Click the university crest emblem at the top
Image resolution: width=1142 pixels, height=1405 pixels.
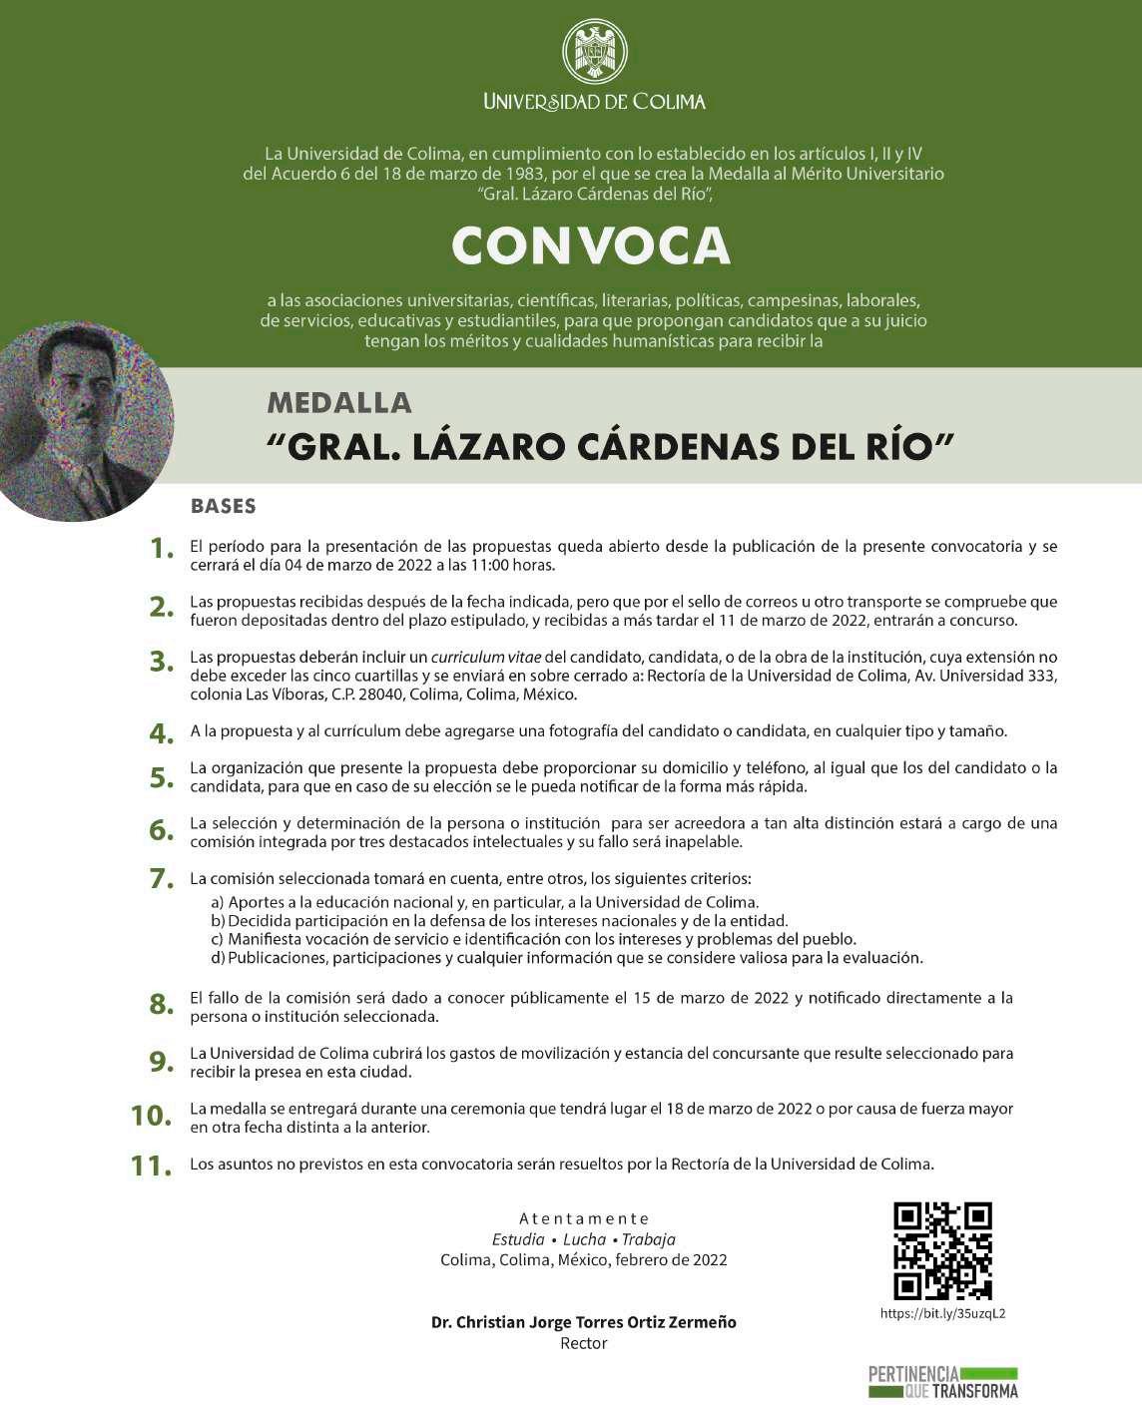595,51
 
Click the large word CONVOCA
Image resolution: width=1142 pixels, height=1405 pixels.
591,245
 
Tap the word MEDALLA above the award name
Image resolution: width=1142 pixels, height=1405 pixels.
339,403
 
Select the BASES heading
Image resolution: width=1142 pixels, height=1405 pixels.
224,506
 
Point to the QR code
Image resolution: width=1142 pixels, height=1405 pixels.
942,1251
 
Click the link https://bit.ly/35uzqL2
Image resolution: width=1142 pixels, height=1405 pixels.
942,1313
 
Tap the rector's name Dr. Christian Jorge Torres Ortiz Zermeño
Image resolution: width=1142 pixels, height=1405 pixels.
584,1322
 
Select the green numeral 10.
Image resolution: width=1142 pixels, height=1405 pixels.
152,1115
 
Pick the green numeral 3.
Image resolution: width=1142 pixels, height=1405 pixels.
162,662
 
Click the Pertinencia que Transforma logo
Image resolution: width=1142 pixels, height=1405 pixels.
942,1382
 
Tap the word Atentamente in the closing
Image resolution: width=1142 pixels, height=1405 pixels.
584,1218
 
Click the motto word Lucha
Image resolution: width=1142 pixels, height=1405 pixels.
584,1239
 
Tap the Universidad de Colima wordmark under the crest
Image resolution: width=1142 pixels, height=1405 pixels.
595,101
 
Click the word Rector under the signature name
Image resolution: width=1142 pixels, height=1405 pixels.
584,1343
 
